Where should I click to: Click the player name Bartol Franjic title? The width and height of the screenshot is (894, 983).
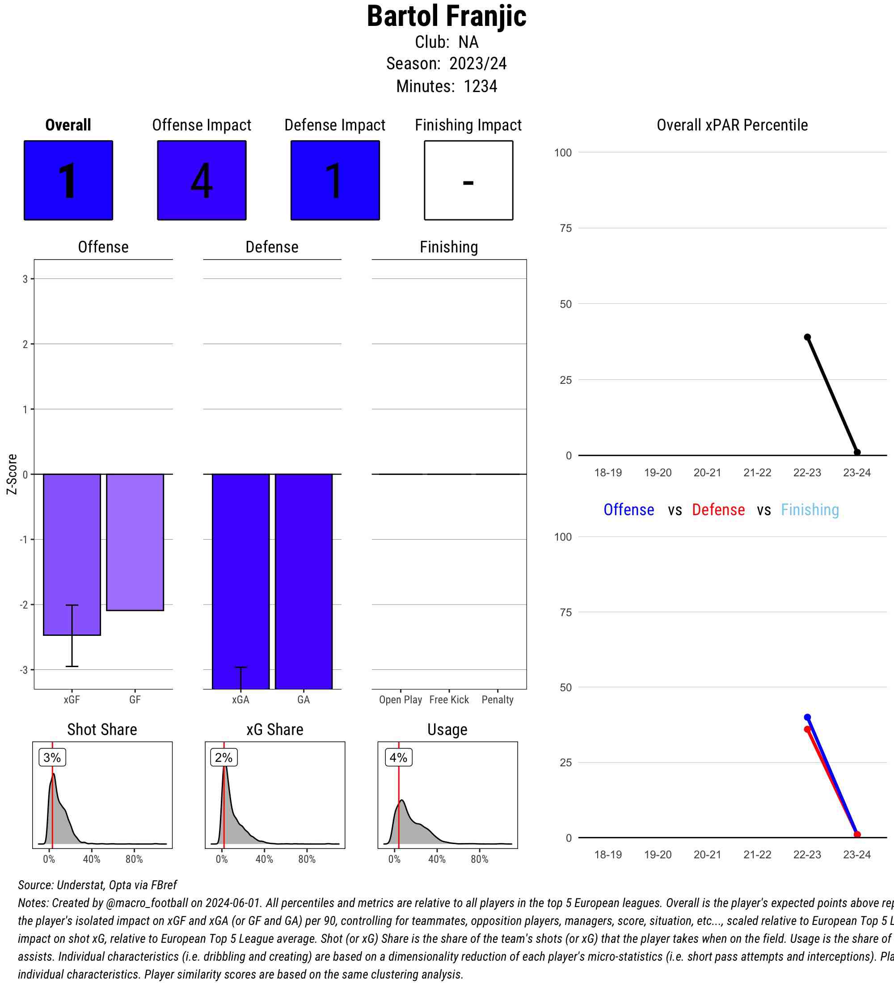pos(446,17)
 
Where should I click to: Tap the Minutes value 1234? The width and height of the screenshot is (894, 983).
pos(480,86)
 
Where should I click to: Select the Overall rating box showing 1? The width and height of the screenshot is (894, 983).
pos(68,181)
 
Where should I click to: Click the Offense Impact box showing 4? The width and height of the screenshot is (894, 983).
pos(202,181)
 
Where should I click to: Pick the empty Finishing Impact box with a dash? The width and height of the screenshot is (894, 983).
pos(468,181)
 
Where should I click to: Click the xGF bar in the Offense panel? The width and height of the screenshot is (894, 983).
pos(72,555)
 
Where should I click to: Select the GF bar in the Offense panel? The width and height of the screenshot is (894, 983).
pos(135,542)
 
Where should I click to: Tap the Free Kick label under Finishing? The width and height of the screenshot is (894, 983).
pos(449,700)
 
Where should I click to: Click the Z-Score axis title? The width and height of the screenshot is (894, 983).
pos(12,474)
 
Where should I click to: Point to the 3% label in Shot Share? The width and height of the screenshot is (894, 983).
pos(52,757)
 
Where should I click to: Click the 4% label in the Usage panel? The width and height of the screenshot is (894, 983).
pos(398,757)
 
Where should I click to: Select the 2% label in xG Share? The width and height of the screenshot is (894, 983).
pos(224,757)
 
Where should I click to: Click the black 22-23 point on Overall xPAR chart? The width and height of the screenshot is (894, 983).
pos(807,337)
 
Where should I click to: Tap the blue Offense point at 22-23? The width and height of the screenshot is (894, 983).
pos(807,717)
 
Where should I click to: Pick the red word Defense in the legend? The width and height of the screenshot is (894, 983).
pos(718,509)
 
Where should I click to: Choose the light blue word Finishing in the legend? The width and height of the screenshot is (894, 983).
pos(810,509)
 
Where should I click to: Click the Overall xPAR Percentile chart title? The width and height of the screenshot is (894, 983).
pos(732,125)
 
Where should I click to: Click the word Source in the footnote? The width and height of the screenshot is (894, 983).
pos(35,885)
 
